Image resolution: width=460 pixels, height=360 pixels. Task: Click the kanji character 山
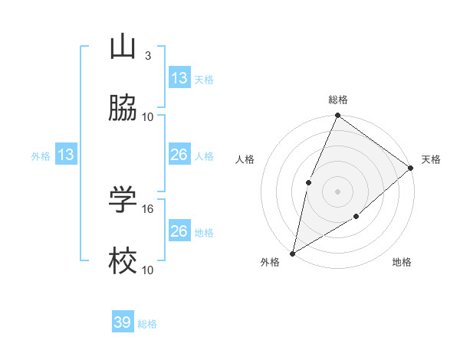[123, 47]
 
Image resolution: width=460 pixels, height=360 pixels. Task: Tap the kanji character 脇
[123, 109]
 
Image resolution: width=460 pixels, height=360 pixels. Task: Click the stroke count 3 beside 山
[148, 56]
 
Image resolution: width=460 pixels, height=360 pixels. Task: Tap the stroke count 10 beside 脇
[148, 116]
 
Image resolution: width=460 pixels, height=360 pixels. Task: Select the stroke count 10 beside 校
[148, 270]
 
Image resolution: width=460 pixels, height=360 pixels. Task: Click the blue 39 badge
[123, 322]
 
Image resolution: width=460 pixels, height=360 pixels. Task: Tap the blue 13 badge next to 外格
[66, 155]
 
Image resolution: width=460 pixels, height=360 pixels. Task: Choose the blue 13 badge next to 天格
[179, 78]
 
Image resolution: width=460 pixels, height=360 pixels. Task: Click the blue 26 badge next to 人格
[179, 155]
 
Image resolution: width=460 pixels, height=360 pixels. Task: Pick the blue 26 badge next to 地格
[179, 231]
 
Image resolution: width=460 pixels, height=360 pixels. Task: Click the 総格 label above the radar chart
[338, 100]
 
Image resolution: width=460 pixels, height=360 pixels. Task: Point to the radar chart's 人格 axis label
[245, 159]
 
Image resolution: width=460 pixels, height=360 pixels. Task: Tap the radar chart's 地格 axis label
[402, 262]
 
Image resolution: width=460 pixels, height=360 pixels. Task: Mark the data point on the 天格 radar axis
[411, 168]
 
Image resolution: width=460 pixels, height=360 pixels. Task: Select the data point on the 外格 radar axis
[292, 253]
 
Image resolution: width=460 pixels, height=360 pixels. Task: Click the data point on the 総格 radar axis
[337, 116]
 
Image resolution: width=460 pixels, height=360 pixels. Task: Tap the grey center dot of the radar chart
[337, 191]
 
